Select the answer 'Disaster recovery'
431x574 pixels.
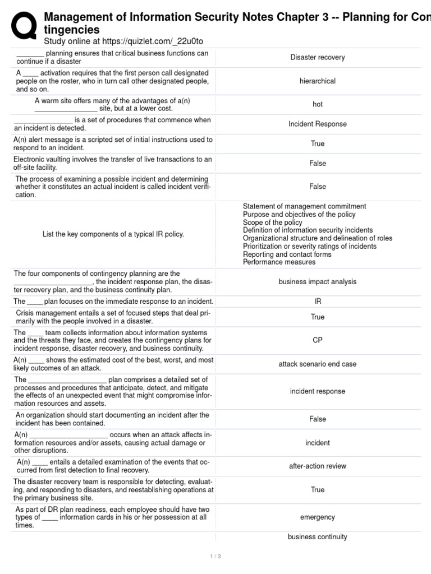coord(318,57)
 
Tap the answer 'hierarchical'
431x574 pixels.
coord(318,81)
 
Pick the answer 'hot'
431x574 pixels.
coord(318,104)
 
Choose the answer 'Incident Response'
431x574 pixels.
coord(318,124)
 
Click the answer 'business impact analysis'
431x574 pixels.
coord(318,282)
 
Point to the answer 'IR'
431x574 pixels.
coord(318,302)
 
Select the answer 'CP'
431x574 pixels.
coord(318,340)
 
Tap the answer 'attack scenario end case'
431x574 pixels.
coord(318,364)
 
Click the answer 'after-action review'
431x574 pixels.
coord(318,466)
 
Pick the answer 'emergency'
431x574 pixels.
coord(318,517)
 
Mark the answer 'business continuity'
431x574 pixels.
coord(318,537)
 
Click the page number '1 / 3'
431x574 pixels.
coord(215,557)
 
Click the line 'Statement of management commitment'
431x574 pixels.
coord(304,207)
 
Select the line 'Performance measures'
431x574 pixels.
coord(279,262)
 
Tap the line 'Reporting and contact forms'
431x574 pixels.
coord(287,254)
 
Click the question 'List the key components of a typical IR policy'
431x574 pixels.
coord(113,234)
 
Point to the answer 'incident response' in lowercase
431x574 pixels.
coord(318,391)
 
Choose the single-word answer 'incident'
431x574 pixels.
coord(318,443)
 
